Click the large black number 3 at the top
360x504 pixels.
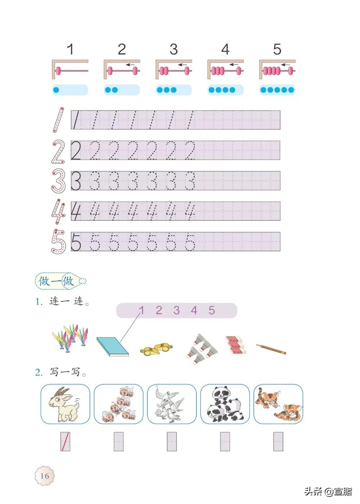click(x=174, y=49)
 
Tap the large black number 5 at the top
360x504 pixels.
click(x=277, y=49)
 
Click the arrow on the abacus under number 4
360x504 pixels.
click(x=234, y=65)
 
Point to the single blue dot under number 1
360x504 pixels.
click(x=56, y=90)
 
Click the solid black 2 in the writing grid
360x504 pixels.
click(x=76, y=151)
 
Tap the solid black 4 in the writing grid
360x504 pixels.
click(x=76, y=211)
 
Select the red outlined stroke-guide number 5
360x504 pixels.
click(x=58, y=241)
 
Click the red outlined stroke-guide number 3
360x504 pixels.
click(x=58, y=181)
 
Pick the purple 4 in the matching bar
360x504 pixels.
click(x=194, y=310)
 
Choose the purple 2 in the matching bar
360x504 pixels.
click(x=159, y=310)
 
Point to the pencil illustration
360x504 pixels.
click(x=271, y=348)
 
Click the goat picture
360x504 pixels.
click(x=65, y=404)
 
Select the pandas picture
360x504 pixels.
click(x=225, y=404)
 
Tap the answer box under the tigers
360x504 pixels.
click(x=278, y=442)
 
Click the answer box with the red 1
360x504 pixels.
click(x=65, y=442)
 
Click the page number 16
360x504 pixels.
click(x=44, y=476)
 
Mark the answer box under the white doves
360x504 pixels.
click(x=172, y=442)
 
